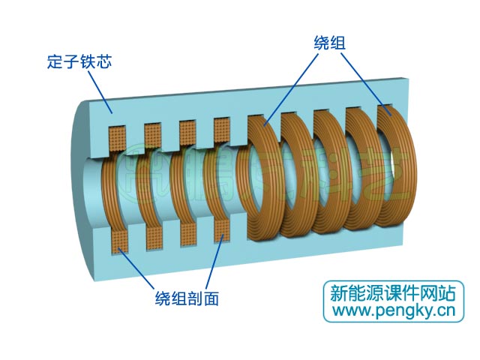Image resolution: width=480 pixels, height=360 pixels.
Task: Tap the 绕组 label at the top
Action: tap(329, 43)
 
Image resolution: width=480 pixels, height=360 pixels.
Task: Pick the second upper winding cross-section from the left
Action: tap(154, 134)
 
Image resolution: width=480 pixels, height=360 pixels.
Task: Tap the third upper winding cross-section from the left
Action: tap(188, 133)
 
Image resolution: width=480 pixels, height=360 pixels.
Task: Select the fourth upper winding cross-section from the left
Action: tap(223, 130)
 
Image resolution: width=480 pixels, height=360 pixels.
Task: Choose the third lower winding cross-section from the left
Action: tap(188, 236)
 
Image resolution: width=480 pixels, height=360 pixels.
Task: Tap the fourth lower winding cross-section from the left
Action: tap(223, 233)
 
